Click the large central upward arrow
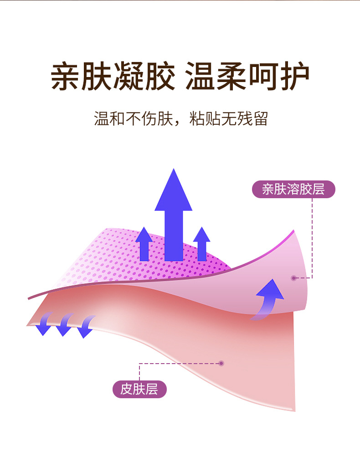pos(173,219)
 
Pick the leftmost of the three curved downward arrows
pos(45,324)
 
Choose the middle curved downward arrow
pos(64,324)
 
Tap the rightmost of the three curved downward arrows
pos(85,326)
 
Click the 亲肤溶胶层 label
pos(293,189)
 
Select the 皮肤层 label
pos(139,390)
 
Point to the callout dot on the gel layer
pos(294,277)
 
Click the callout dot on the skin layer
pos(221,363)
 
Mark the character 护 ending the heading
pos(294,76)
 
